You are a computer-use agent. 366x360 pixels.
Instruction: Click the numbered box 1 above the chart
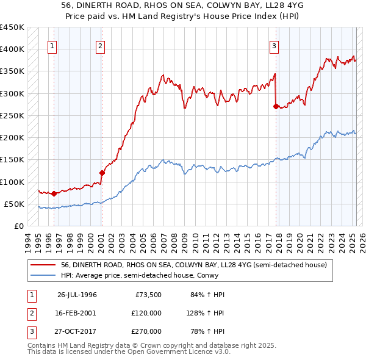[x=52, y=45]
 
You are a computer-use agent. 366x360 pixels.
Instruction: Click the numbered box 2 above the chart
[x=100, y=45]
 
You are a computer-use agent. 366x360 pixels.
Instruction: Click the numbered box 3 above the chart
[x=274, y=45]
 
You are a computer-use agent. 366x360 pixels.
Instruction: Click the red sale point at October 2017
[x=276, y=106]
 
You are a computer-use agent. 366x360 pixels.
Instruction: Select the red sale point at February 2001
[x=102, y=173]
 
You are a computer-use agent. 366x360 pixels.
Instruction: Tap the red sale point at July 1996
[x=54, y=193]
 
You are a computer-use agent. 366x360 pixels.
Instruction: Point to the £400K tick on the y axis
[x=13, y=49]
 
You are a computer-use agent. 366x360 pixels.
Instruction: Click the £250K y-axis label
[x=13, y=115]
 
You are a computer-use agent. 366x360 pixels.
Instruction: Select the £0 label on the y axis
[x=18, y=226]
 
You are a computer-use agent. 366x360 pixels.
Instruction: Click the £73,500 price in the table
[x=148, y=295]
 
